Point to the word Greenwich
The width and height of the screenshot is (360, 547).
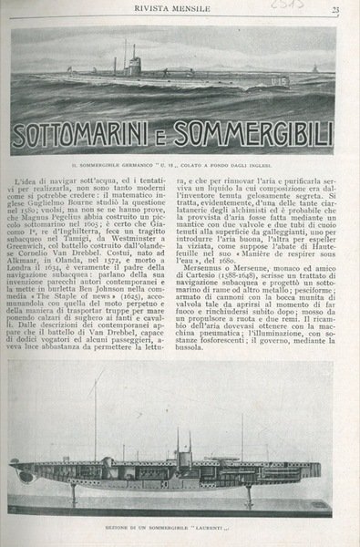point(35,272)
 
